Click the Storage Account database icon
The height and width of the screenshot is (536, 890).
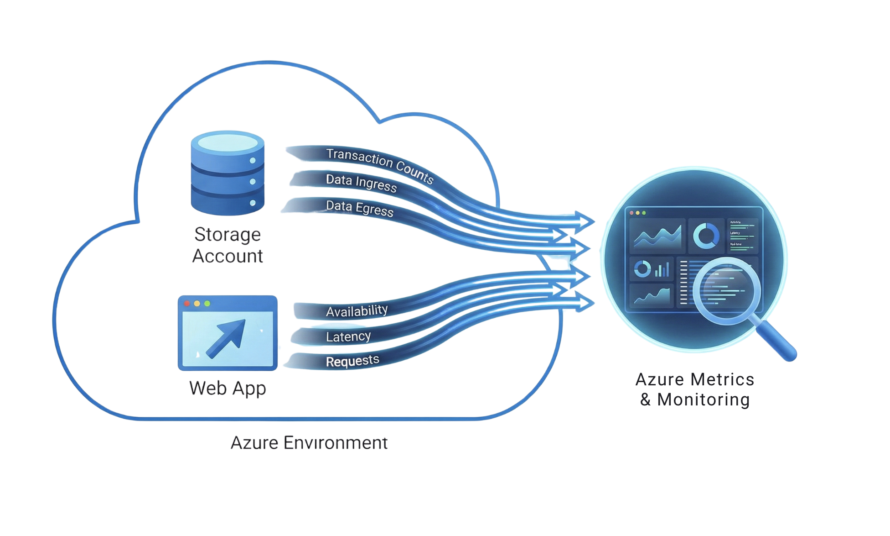coord(228,173)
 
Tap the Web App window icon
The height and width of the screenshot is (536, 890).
coord(228,333)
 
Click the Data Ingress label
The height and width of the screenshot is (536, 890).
coord(361,183)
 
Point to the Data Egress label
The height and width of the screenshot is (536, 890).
coord(359,208)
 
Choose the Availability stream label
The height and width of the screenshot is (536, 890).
coord(357,311)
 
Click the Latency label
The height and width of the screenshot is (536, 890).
coord(348,337)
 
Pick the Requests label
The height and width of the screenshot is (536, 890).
coord(352,361)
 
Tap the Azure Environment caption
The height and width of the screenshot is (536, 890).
coord(309,443)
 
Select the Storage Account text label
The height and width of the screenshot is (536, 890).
coord(228,245)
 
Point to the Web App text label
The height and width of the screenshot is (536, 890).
coord(228,389)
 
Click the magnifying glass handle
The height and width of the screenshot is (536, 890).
coord(778,341)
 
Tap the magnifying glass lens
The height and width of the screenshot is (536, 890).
coord(726,290)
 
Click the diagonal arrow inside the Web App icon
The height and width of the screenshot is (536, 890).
coord(226,338)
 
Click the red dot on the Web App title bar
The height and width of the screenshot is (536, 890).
coord(187,304)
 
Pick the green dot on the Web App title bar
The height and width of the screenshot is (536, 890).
coord(207,304)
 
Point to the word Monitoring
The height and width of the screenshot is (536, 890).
coord(704,400)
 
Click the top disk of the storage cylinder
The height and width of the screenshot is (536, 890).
coord(228,142)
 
